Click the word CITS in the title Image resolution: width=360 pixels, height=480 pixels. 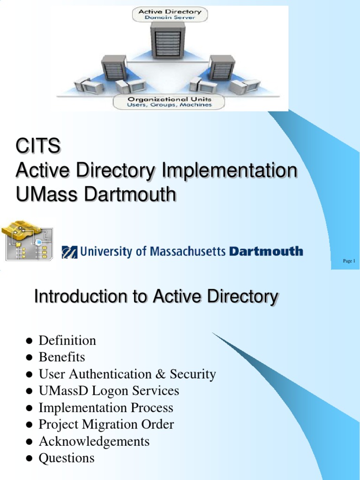(x=37, y=147)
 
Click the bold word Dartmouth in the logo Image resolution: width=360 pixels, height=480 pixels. (x=265, y=252)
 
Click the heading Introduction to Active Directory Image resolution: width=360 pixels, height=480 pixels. (x=156, y=297)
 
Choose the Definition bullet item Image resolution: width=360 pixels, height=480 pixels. (x=67, y=340)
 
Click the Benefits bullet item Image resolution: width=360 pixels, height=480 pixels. (x=61, y=357)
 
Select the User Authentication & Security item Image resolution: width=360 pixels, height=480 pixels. (x=127, y=374)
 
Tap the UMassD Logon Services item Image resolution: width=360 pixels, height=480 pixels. (x=109, y=391)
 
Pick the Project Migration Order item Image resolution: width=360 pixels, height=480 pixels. (x=106, y=425)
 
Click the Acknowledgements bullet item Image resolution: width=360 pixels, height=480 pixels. (x=94, y=442)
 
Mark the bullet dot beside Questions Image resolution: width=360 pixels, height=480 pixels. (x=29, y=459)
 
